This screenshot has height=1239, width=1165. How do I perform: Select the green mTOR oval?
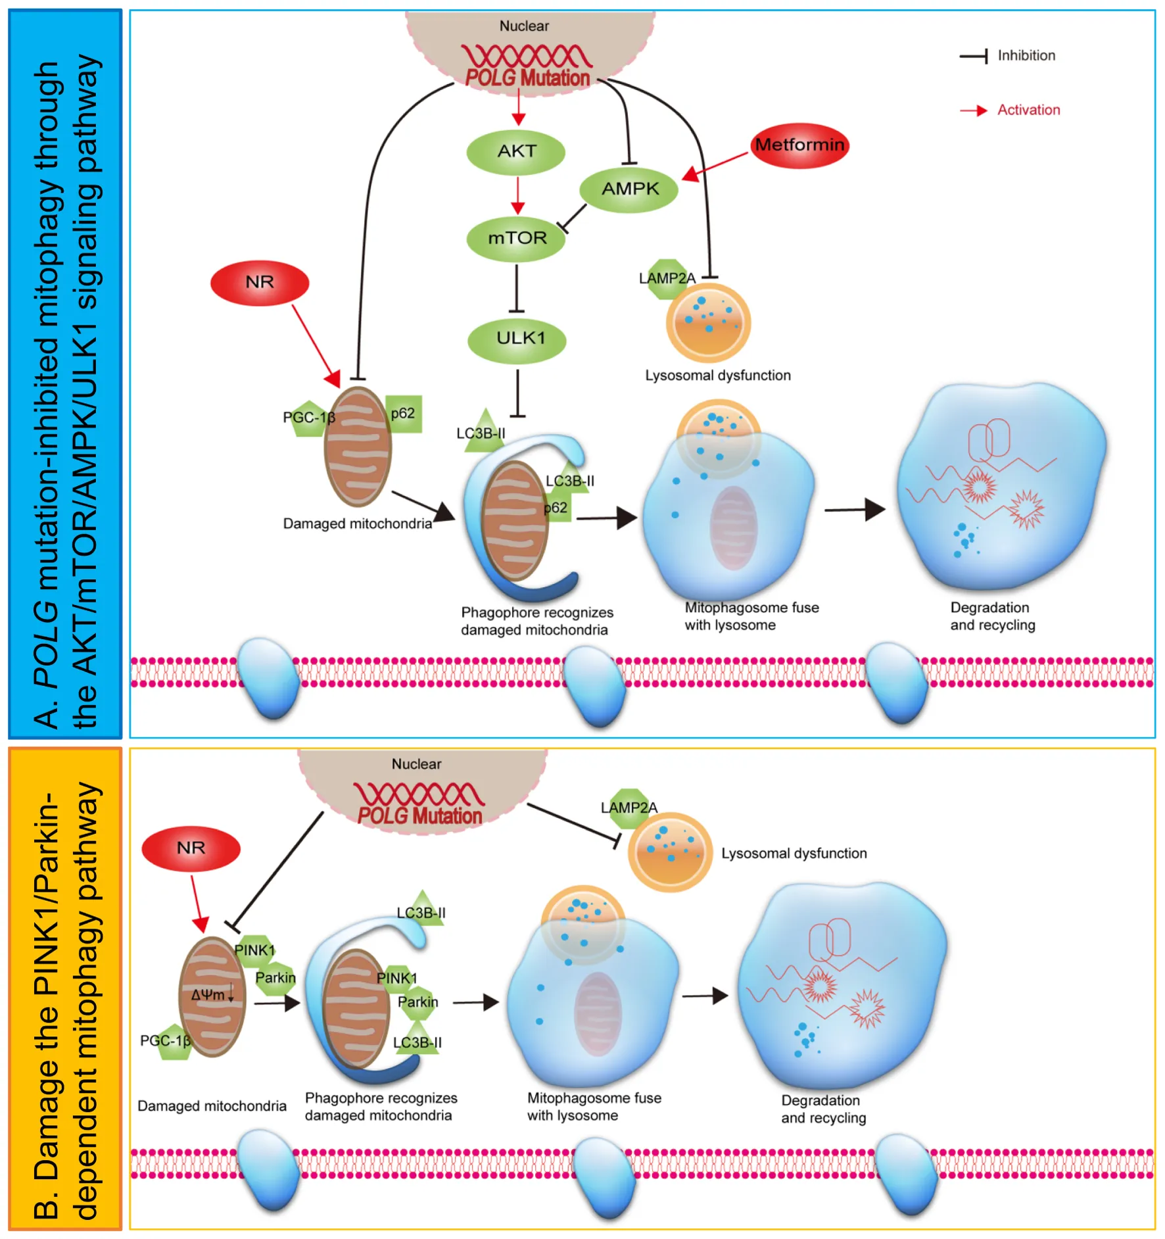click(x=516, y=238)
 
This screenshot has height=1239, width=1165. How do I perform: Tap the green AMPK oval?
click(x=629, y=189)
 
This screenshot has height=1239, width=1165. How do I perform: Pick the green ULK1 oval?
click(x=517, y=339)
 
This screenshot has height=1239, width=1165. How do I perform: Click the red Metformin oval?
click(x=799, y=145)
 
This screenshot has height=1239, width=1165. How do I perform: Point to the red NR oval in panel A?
click(x=260, y=283)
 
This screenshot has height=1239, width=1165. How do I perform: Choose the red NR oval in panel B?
click(x=191, y=848)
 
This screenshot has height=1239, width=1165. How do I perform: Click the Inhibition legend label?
click(x=1026, y=56)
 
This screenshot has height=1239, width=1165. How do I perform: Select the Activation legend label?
click(x=1028, y=110)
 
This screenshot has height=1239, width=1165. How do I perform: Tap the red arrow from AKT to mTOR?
click(x=517, y=195)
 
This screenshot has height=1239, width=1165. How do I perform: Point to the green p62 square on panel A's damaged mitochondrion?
click(x=403, y=414)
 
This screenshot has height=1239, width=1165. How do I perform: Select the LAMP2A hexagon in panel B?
click(x=629, y=808)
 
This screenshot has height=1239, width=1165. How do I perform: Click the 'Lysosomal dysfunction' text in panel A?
click(x=718, y=376)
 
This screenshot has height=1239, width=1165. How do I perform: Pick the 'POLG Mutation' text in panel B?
click(x=419, y=816)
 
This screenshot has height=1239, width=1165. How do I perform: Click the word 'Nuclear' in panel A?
click(x=524, y=26)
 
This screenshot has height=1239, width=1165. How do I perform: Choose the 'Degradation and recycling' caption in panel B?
click(x=823, y=1109)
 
